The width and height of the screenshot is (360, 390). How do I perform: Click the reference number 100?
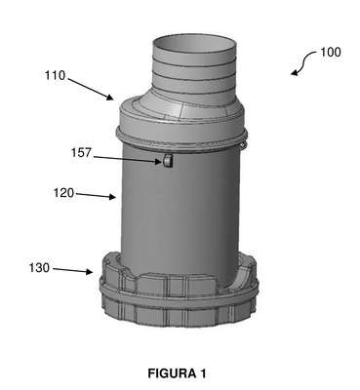pyautogui.click(x=331, y=53)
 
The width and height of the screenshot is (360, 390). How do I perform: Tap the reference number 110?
pyautogui.click(x=55, y=75)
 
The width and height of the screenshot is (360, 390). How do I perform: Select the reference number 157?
pyautogui.click(x=82, y=153)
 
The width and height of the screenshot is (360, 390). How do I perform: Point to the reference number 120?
pyautogui.click(x=63, y=193)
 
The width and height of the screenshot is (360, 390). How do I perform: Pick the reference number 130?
pyautogui.click(x=39, y=268)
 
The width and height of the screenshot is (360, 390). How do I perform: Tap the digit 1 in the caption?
pyautogui.click(x=203, y=373)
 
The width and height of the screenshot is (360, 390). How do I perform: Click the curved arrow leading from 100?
pyautogui.click(x=303, y=63)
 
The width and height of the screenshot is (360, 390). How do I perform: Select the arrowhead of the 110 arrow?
pyautogui.click(x=110, y=97)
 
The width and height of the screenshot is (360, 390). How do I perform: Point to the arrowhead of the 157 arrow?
pyautogui.click(x=158, y=161)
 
